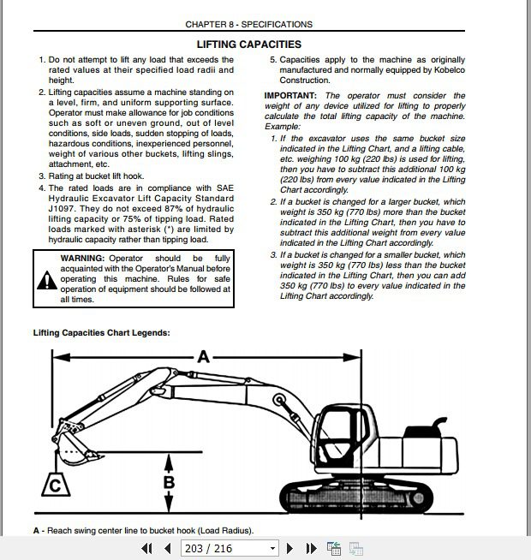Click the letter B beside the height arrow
point(169,481)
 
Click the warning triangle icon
point(45,279)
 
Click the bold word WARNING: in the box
point(82,258)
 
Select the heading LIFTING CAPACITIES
point(249,44)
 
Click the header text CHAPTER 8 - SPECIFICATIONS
point(249,25)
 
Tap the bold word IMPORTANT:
point(290,95)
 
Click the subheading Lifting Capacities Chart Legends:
point(101,332)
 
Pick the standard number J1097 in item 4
point(64,209)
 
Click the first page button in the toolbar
point(146,548)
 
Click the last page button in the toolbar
point(312,548)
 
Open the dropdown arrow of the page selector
point(272,548)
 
